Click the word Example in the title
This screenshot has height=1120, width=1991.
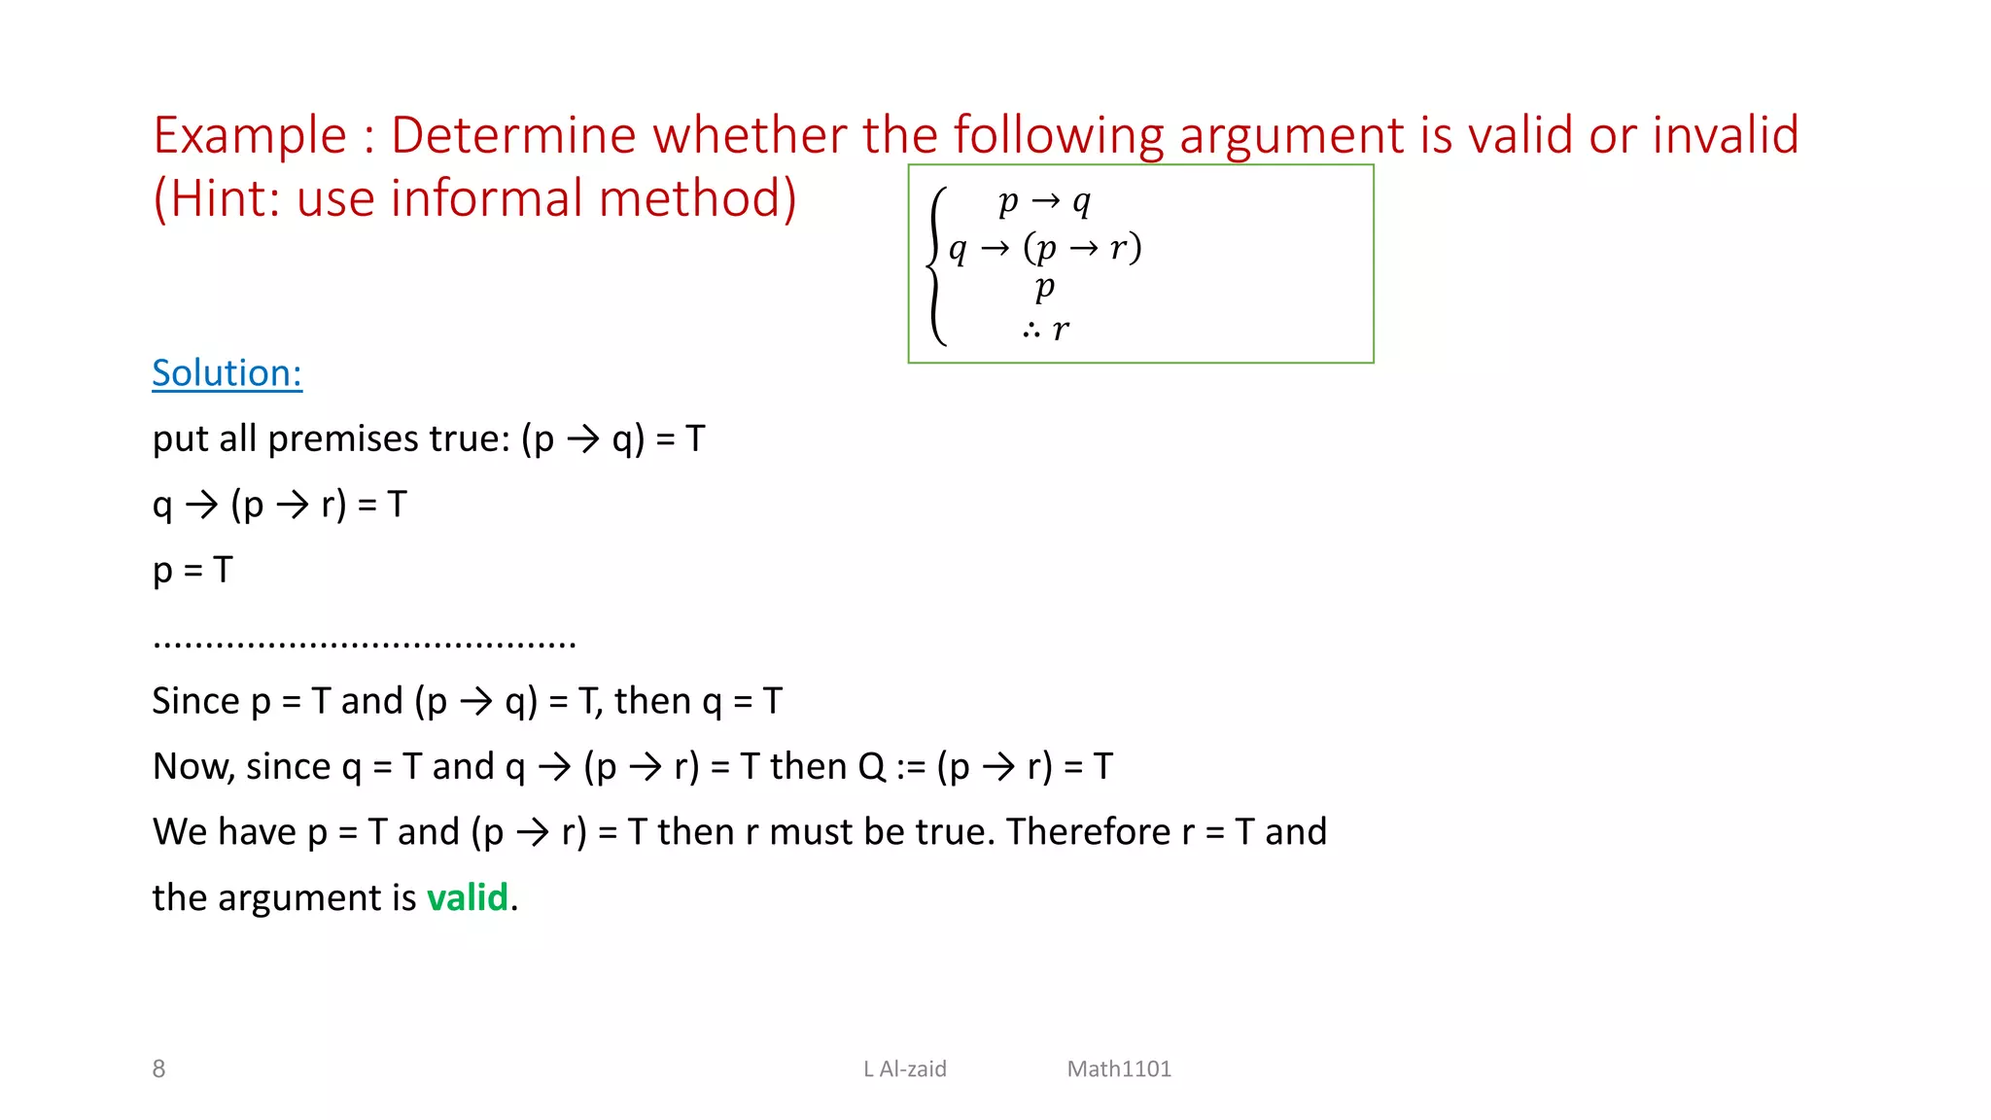click(x=250, y=135)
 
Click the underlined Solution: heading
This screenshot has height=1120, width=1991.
click(x=227, y=373)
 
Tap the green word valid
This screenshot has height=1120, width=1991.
click(x=468, y=896)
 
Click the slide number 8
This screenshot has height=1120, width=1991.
click(x=158, y=1068)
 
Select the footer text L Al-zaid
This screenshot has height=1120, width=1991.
click(x=905, y=1068)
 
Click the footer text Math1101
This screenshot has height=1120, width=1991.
click(x=1119, y=1068)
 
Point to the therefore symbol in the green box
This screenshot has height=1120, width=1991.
click(x=1031, y=332)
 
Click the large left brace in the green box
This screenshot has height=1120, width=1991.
click(x=936, y=265)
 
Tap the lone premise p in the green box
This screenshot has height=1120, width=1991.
click(x=1045, y=288)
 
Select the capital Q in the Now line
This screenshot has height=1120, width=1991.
click(x=872, y=766)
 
